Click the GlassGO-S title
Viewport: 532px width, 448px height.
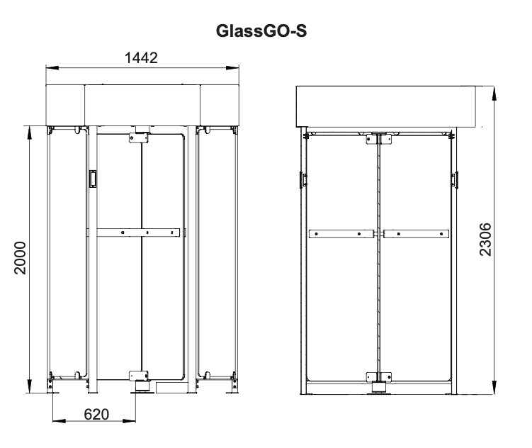pos(261,30)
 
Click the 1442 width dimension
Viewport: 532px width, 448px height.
pos(141,57)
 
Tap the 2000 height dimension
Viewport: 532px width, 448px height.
pos(21,257)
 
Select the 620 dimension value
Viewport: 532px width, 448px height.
pos(96,414)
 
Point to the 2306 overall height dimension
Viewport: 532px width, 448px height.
pos(485,240)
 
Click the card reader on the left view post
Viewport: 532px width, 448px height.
pos(93,179)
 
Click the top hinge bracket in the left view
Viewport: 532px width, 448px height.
pos(139,138)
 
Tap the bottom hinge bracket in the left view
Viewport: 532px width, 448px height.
pos(139,376)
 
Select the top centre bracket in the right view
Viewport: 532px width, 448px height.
pos(379,139)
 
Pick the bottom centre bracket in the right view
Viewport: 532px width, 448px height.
pos(379,377)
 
